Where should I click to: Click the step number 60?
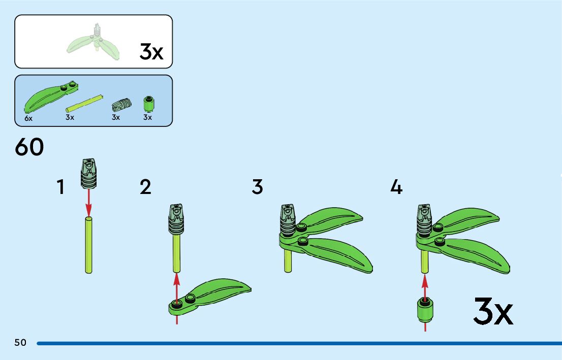[x=29, y=147]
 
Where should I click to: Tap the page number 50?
[x=20, y=343]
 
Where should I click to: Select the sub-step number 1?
[x=60, y=187]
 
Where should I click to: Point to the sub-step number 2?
[x=145, y=187]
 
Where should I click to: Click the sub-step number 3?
[x=258, y=187]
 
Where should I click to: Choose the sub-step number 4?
[x=396, y=187]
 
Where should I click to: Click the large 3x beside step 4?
[x=493, y=311]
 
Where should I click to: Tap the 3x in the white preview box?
[x=151, y=52]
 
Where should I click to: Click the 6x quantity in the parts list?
[x=28, y=118]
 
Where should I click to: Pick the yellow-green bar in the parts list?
[x=84, y=103]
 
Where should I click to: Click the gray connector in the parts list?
[x=120, y=104]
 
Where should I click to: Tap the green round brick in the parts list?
[x=148, y=104]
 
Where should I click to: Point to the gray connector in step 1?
[x=88, y=174]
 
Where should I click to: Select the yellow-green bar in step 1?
[x=89, y=245]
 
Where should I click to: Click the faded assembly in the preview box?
[x=95, y=43]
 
